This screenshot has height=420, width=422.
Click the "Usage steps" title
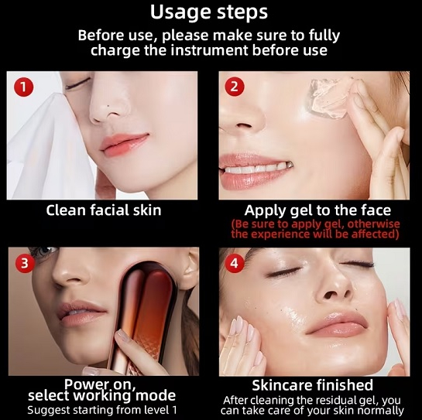pos(209,12)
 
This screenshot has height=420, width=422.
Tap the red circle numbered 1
pos(23,87)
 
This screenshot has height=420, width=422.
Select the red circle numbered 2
pos(235,87)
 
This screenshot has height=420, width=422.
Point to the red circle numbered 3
pos(25,263)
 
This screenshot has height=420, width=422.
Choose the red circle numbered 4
pos(234,263)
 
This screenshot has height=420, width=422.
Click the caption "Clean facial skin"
pos(104,210)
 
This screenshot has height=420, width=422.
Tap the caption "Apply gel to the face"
pos(317,210)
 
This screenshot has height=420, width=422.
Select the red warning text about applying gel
pos(315,229)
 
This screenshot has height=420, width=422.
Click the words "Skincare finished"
pos(312,385)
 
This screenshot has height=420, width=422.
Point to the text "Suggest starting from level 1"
pos(102,410)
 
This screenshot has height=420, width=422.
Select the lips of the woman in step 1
pos(124,142)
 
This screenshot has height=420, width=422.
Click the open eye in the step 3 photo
pos(43,252)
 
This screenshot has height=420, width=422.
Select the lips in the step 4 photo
pos(336,324)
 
